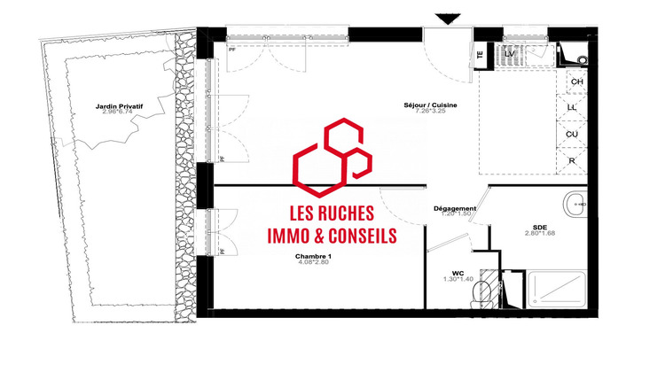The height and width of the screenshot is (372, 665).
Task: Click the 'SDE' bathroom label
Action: point(540,226)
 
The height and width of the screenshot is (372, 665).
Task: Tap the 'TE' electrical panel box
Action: point(480,53)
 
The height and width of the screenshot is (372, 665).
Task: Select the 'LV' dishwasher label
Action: point(509,54)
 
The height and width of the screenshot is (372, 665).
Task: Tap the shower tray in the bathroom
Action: point(558,290)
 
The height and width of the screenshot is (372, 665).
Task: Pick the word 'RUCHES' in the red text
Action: point(348,213)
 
